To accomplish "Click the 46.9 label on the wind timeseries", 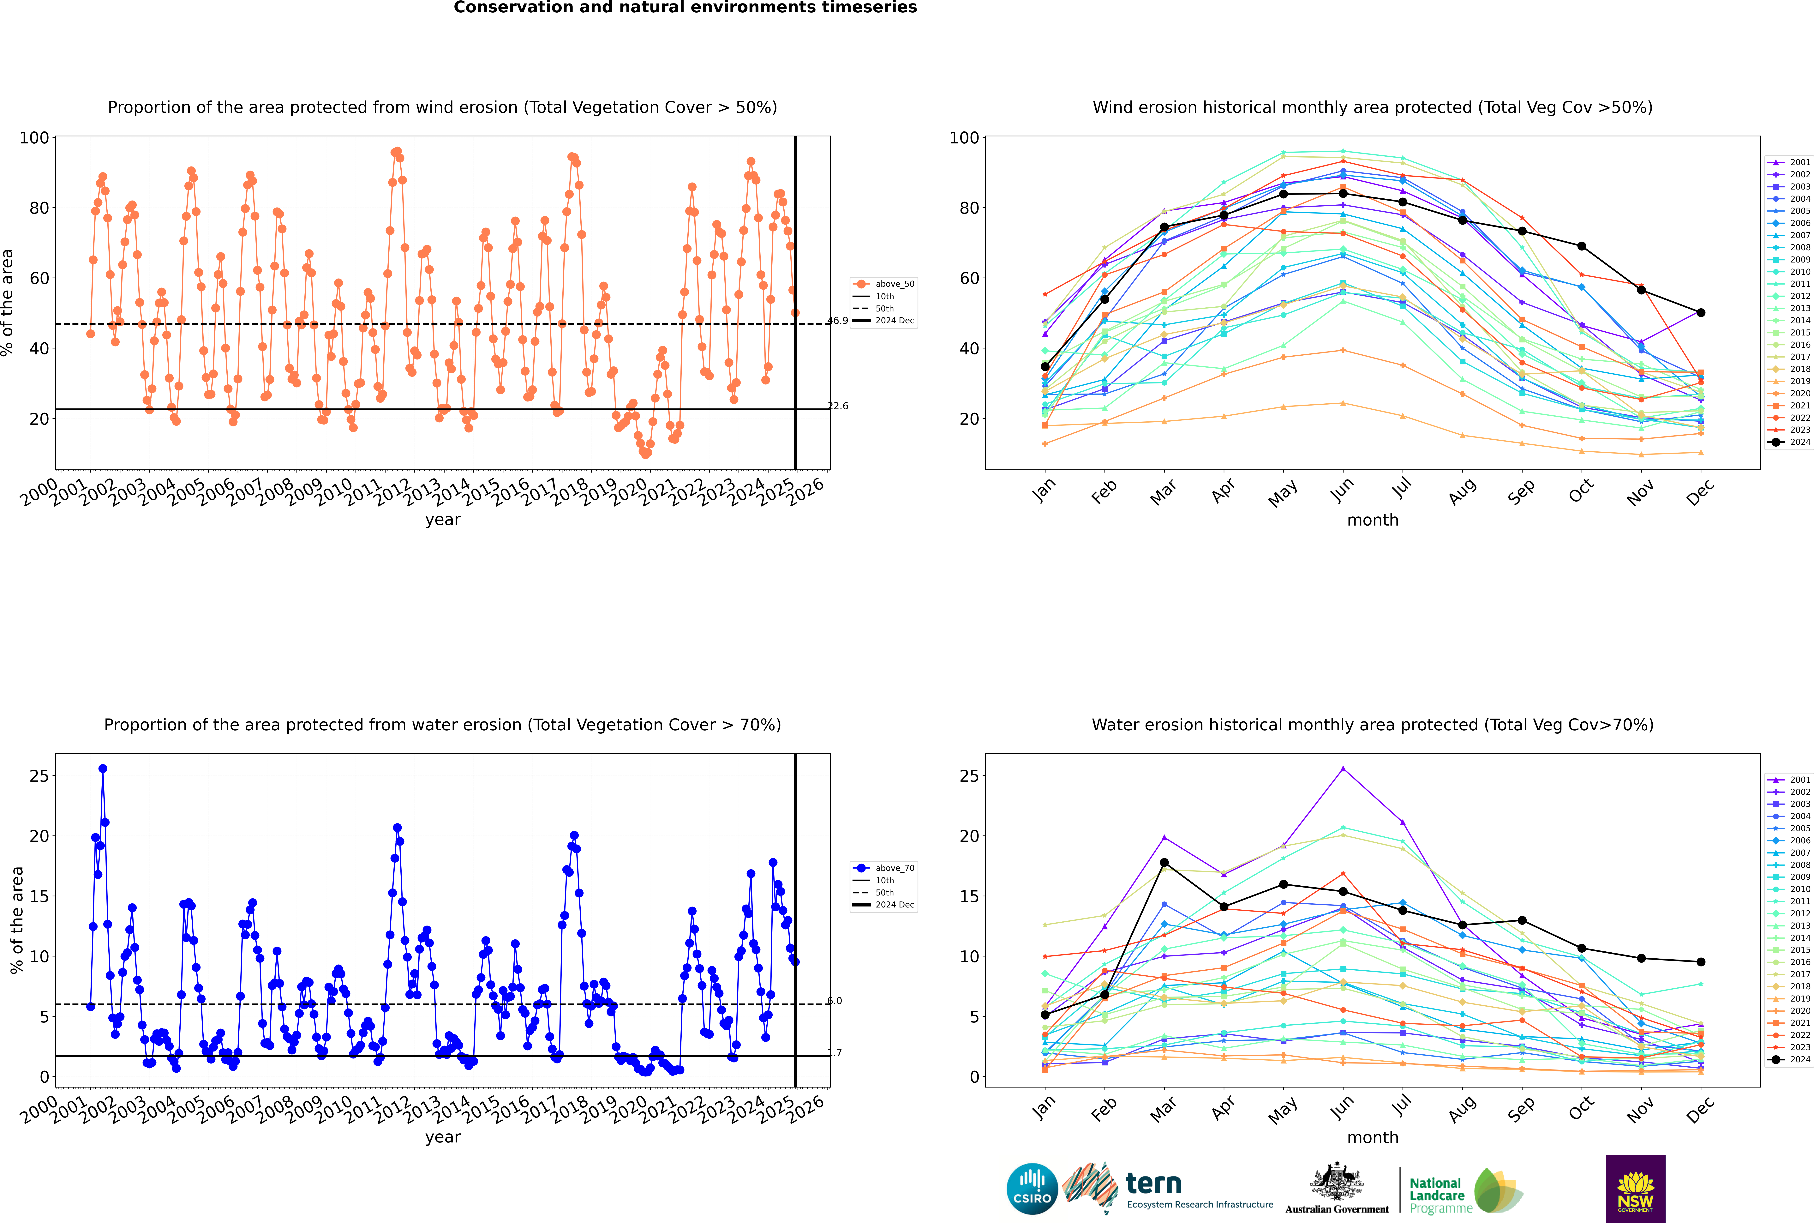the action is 838,321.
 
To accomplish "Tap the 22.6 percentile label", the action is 838,406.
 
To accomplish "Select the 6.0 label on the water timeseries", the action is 835,1001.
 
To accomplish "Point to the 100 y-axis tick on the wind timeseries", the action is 34,138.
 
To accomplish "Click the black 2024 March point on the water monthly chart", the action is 1164,863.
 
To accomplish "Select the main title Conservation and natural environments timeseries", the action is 685,8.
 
